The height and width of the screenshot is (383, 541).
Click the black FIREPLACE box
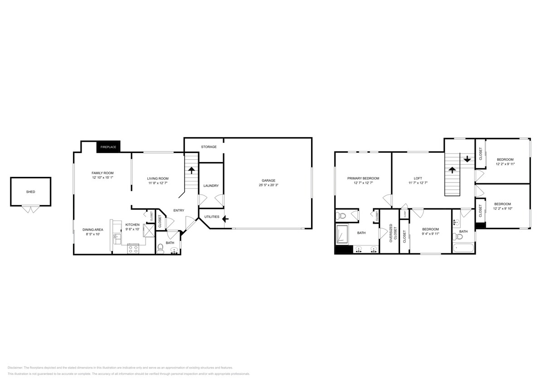tap(108, 147)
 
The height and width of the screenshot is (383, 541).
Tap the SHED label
tap(30, 191)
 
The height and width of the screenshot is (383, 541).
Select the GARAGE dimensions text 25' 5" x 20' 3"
tap(268, 185)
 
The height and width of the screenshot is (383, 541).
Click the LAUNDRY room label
tap(211, 186)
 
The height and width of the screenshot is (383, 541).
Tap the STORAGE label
tap(209, 147)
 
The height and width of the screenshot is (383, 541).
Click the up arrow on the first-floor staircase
tap(191, 171)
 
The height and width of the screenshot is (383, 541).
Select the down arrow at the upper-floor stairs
tap(467, 159)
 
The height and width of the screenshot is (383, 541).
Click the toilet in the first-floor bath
tap(160, 248)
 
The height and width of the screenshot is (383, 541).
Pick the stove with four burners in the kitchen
tap(133, 249)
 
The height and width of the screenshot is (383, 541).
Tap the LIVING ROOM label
tap(157, 178)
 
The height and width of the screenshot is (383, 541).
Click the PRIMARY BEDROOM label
tap(363, 178)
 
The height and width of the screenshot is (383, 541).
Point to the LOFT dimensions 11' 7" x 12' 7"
tap(418, 183)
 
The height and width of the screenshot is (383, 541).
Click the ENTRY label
tap(179, 210)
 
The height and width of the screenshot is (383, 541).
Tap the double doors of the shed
tap(30, 210)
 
